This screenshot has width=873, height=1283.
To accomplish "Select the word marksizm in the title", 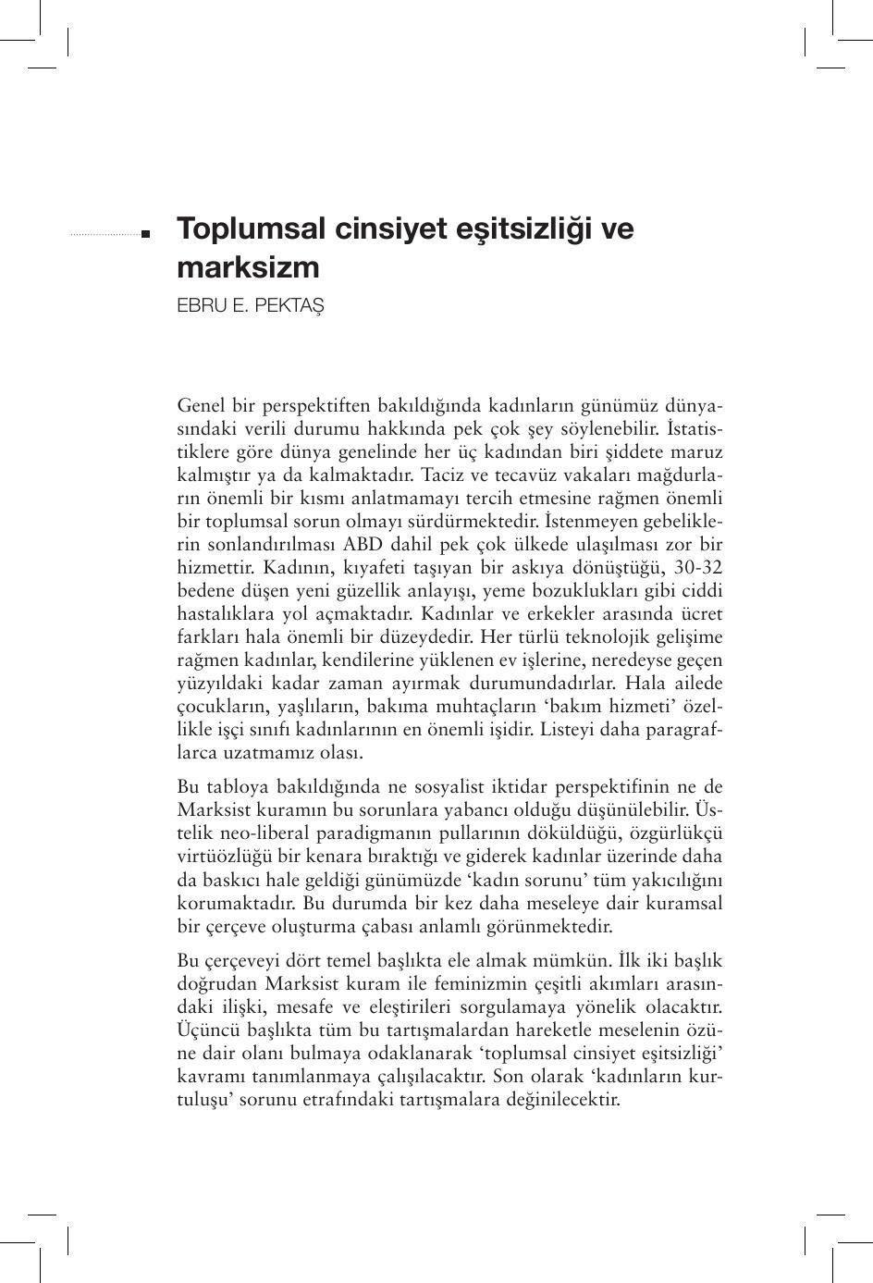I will (248, 268).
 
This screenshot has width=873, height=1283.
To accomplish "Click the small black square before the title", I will (146, 235).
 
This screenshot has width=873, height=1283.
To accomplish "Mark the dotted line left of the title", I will (105, 235).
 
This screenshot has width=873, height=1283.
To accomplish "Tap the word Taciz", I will (443, 475).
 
